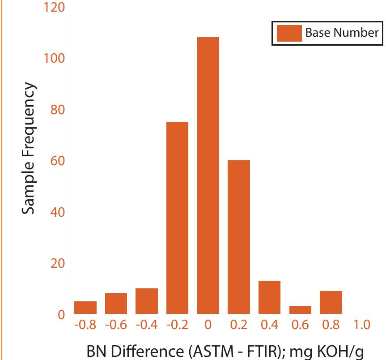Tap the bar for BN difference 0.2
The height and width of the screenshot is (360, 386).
point(239,237)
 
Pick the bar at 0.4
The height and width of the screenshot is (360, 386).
point(269,297)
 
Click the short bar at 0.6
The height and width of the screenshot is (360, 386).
point(300,310)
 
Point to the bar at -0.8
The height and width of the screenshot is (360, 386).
point(85,308)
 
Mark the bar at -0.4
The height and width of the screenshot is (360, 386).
point(147,301)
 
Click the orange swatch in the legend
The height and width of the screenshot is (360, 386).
point(289,33)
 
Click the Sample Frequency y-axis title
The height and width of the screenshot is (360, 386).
point(29,148)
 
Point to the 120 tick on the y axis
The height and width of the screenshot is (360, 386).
point(55,8)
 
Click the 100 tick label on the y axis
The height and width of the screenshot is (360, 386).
point(55,59)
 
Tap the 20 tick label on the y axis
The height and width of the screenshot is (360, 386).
point(56,263)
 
